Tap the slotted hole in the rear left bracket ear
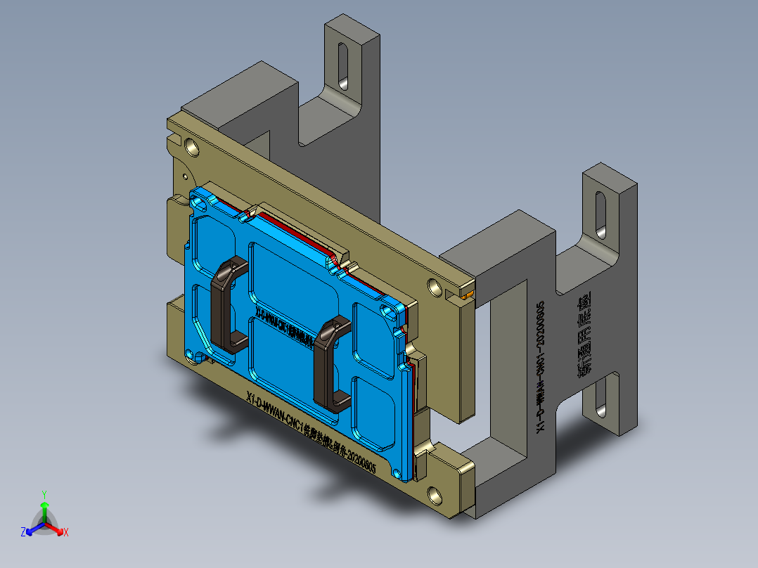pos(344,65)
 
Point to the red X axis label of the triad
pos(66,533)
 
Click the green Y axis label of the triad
pos(44,493)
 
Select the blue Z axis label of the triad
pos(23,533)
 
